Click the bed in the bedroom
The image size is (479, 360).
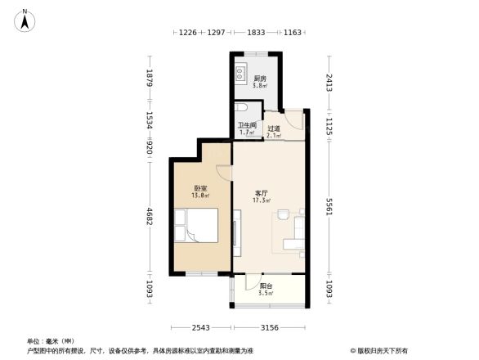click(x=197, y=225)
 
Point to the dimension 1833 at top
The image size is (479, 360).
click(x=255, y=32)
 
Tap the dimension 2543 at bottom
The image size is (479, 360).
click(x=201, y=327)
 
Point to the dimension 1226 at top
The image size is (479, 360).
click(x=189, y=32)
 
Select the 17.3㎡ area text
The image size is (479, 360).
click(x=261, y=200)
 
